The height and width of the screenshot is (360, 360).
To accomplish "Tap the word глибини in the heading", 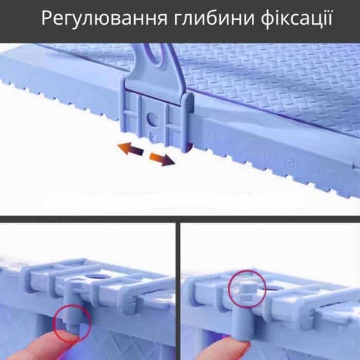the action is (214, 19).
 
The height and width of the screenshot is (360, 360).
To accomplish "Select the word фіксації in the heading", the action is (296, 19).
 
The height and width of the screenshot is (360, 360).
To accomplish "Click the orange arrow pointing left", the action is (130, 149).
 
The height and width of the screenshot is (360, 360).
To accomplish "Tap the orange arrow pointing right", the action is (162, 159).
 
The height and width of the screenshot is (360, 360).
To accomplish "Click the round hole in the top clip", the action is (153, 118).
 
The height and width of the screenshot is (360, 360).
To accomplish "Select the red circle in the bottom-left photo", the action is (72, 323).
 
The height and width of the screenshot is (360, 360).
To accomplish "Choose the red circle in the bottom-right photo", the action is (247, 289).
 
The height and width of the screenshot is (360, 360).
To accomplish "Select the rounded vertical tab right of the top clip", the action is (188, 122).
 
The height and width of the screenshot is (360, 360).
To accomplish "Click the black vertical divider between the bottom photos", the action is (178, 291).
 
